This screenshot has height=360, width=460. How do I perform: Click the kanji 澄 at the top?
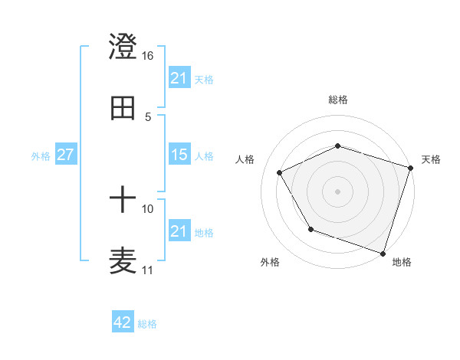123,47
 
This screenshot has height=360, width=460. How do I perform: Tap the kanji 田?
123,108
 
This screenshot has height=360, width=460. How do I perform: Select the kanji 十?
123,201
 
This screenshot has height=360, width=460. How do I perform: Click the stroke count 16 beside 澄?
148,56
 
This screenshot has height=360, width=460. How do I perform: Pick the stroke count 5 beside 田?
148,116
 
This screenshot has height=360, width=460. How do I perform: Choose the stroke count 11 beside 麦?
148,270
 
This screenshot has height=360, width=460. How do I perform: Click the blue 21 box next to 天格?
179,78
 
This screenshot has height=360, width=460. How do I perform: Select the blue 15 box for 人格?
179,155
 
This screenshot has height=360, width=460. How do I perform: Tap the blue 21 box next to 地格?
179,231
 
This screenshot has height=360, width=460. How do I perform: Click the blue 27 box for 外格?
65,155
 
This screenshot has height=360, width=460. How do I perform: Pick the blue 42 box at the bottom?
123,322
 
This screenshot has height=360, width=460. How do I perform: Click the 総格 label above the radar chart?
338,100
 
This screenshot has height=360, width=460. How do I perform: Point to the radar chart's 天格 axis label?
431,159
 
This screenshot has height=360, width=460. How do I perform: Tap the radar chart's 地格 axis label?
402,262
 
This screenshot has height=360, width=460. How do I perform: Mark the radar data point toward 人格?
280,172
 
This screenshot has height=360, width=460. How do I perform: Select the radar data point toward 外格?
310,228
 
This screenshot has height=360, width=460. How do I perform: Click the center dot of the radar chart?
338,191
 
